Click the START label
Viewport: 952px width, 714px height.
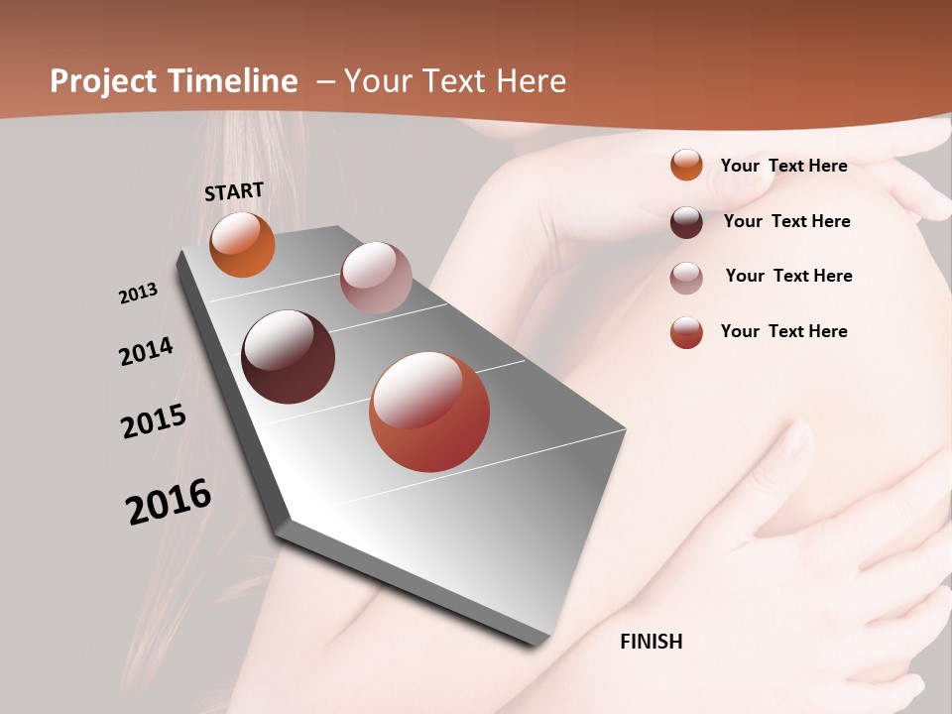click(234, 191)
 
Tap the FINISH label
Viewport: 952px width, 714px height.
click(652, 642)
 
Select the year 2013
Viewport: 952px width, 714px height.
click(138, 294)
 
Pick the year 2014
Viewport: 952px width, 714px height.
click(146, 352)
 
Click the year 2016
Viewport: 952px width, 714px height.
click(169, 502)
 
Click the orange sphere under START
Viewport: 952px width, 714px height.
click(243, 245)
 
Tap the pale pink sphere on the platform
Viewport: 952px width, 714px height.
click(376, 278)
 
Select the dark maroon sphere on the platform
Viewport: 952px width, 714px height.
click(288, 357)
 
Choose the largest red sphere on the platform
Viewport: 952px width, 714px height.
click(429, 412)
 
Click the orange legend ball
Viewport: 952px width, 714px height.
click(686, 165)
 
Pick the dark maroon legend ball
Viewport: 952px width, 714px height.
click(686, 222)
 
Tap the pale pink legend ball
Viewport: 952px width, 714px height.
click(686, 278)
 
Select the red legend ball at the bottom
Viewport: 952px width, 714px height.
click(686, 332)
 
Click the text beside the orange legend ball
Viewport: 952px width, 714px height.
click(783, 166)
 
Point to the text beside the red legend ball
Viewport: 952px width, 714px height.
click(783, 331)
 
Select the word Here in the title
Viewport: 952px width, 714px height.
click(531, 81)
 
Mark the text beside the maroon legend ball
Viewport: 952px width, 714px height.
click(786, 221)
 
